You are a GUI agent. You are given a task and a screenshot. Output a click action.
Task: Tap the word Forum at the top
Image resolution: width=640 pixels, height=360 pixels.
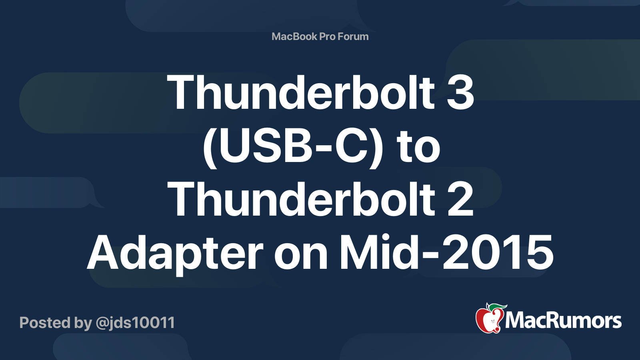point(353,36)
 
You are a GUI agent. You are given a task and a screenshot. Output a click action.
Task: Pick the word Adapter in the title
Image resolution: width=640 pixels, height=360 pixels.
point(175,252)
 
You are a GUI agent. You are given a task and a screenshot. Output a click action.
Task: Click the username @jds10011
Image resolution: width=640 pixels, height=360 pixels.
point(135,323)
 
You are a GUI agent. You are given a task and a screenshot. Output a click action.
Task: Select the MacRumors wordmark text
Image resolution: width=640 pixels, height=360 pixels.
point(563,320)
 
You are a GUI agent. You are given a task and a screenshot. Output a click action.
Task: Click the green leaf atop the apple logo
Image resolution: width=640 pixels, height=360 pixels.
point(497,308)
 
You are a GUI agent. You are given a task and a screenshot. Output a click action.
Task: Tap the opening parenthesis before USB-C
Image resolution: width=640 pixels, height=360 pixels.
point(210,148)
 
